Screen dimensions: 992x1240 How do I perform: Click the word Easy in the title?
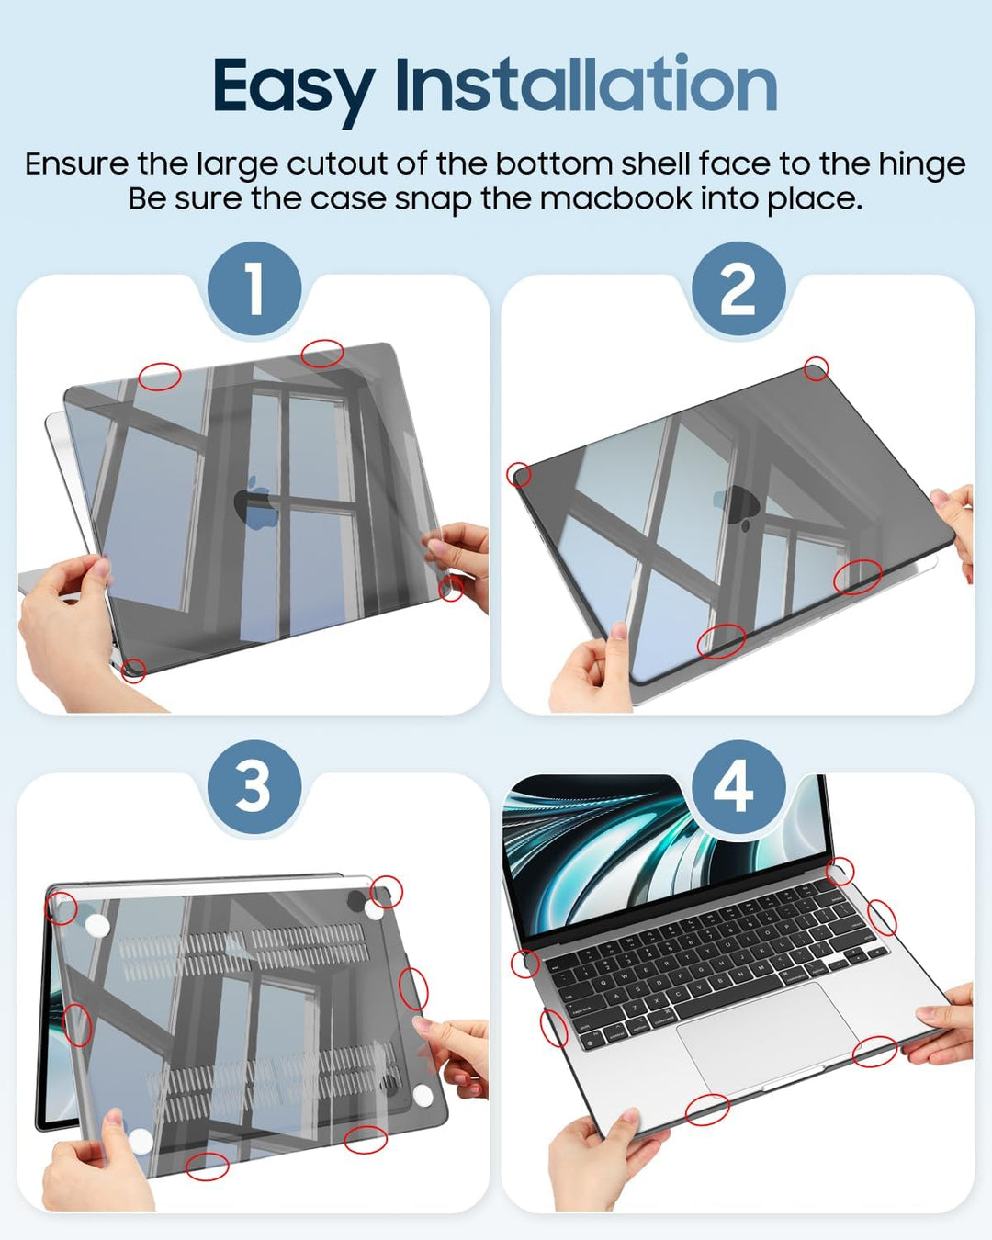click(294, 87)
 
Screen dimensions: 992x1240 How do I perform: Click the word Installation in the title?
click(586, 84)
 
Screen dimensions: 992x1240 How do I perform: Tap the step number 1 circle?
click(254, 288)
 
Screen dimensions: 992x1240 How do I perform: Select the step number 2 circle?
click(738, 288)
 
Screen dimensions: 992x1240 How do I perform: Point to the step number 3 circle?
click(254, 787)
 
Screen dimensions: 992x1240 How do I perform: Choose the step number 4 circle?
click(738, 787)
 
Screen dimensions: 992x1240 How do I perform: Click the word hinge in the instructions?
click(921, 166)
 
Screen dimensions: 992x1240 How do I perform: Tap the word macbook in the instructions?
click(615, 199)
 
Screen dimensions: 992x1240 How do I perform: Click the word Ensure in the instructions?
click(77, 164)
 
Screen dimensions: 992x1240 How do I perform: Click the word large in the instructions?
click(237, 166)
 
